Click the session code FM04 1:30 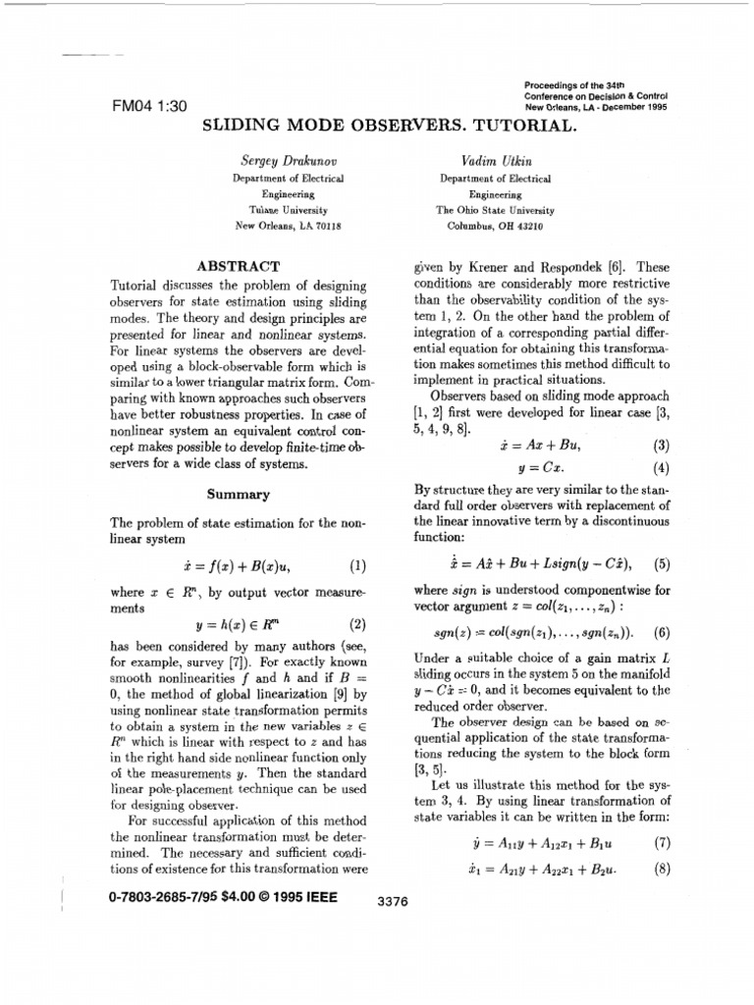(151, 107)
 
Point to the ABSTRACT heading (240, 265)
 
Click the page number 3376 (393, 900)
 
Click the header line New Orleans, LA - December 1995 (596, 107)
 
